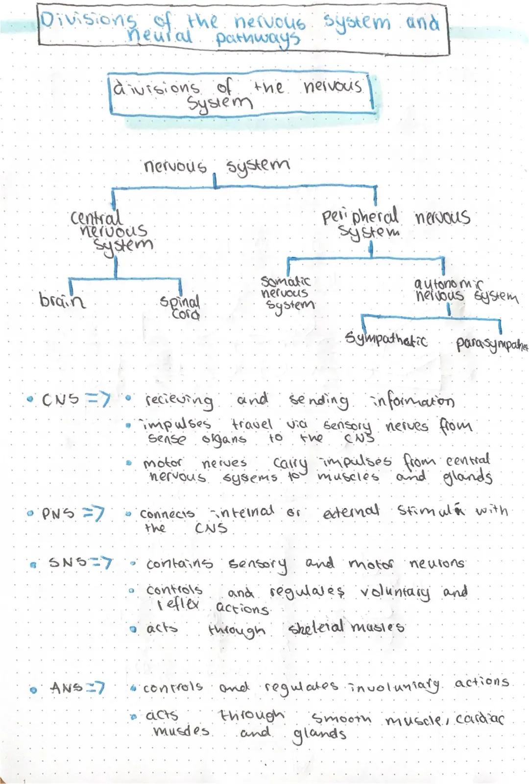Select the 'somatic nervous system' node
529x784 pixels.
[287, 293]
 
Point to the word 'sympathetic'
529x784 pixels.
[385, 339]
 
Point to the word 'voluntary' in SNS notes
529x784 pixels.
[395, 593]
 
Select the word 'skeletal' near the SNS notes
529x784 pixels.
[316, 627]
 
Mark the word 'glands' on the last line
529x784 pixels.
[319, 734]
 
